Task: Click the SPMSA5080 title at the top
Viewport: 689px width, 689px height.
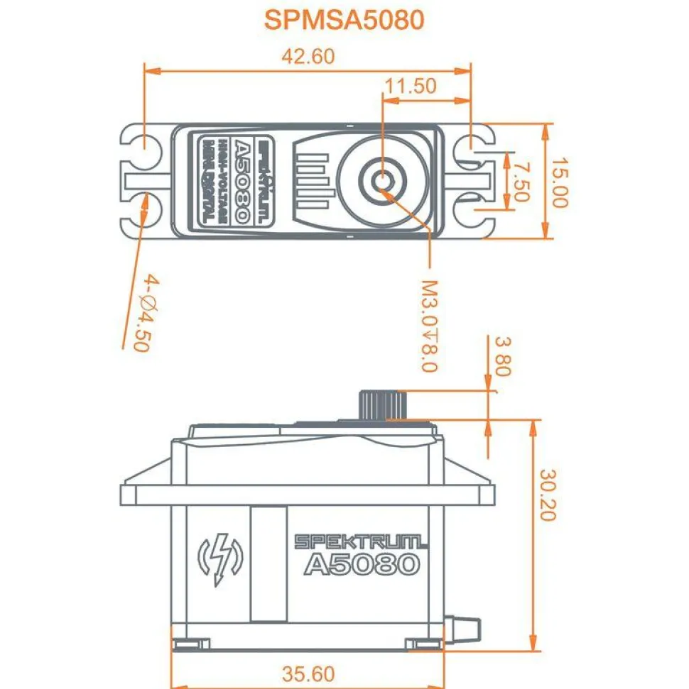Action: pos(344,19)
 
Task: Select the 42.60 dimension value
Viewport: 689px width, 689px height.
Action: pos(308,57)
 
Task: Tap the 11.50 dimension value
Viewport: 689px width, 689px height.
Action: pos(410,86)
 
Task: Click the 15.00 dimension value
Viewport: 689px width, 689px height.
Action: pos(561,182)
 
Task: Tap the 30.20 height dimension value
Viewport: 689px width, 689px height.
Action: pos(548,495)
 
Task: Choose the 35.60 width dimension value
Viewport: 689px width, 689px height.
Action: pos(308,673)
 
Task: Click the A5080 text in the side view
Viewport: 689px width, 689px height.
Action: pos(362,565)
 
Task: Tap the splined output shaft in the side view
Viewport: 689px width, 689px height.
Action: pos(383,405)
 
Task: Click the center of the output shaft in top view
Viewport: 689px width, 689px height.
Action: pos(383,180)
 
